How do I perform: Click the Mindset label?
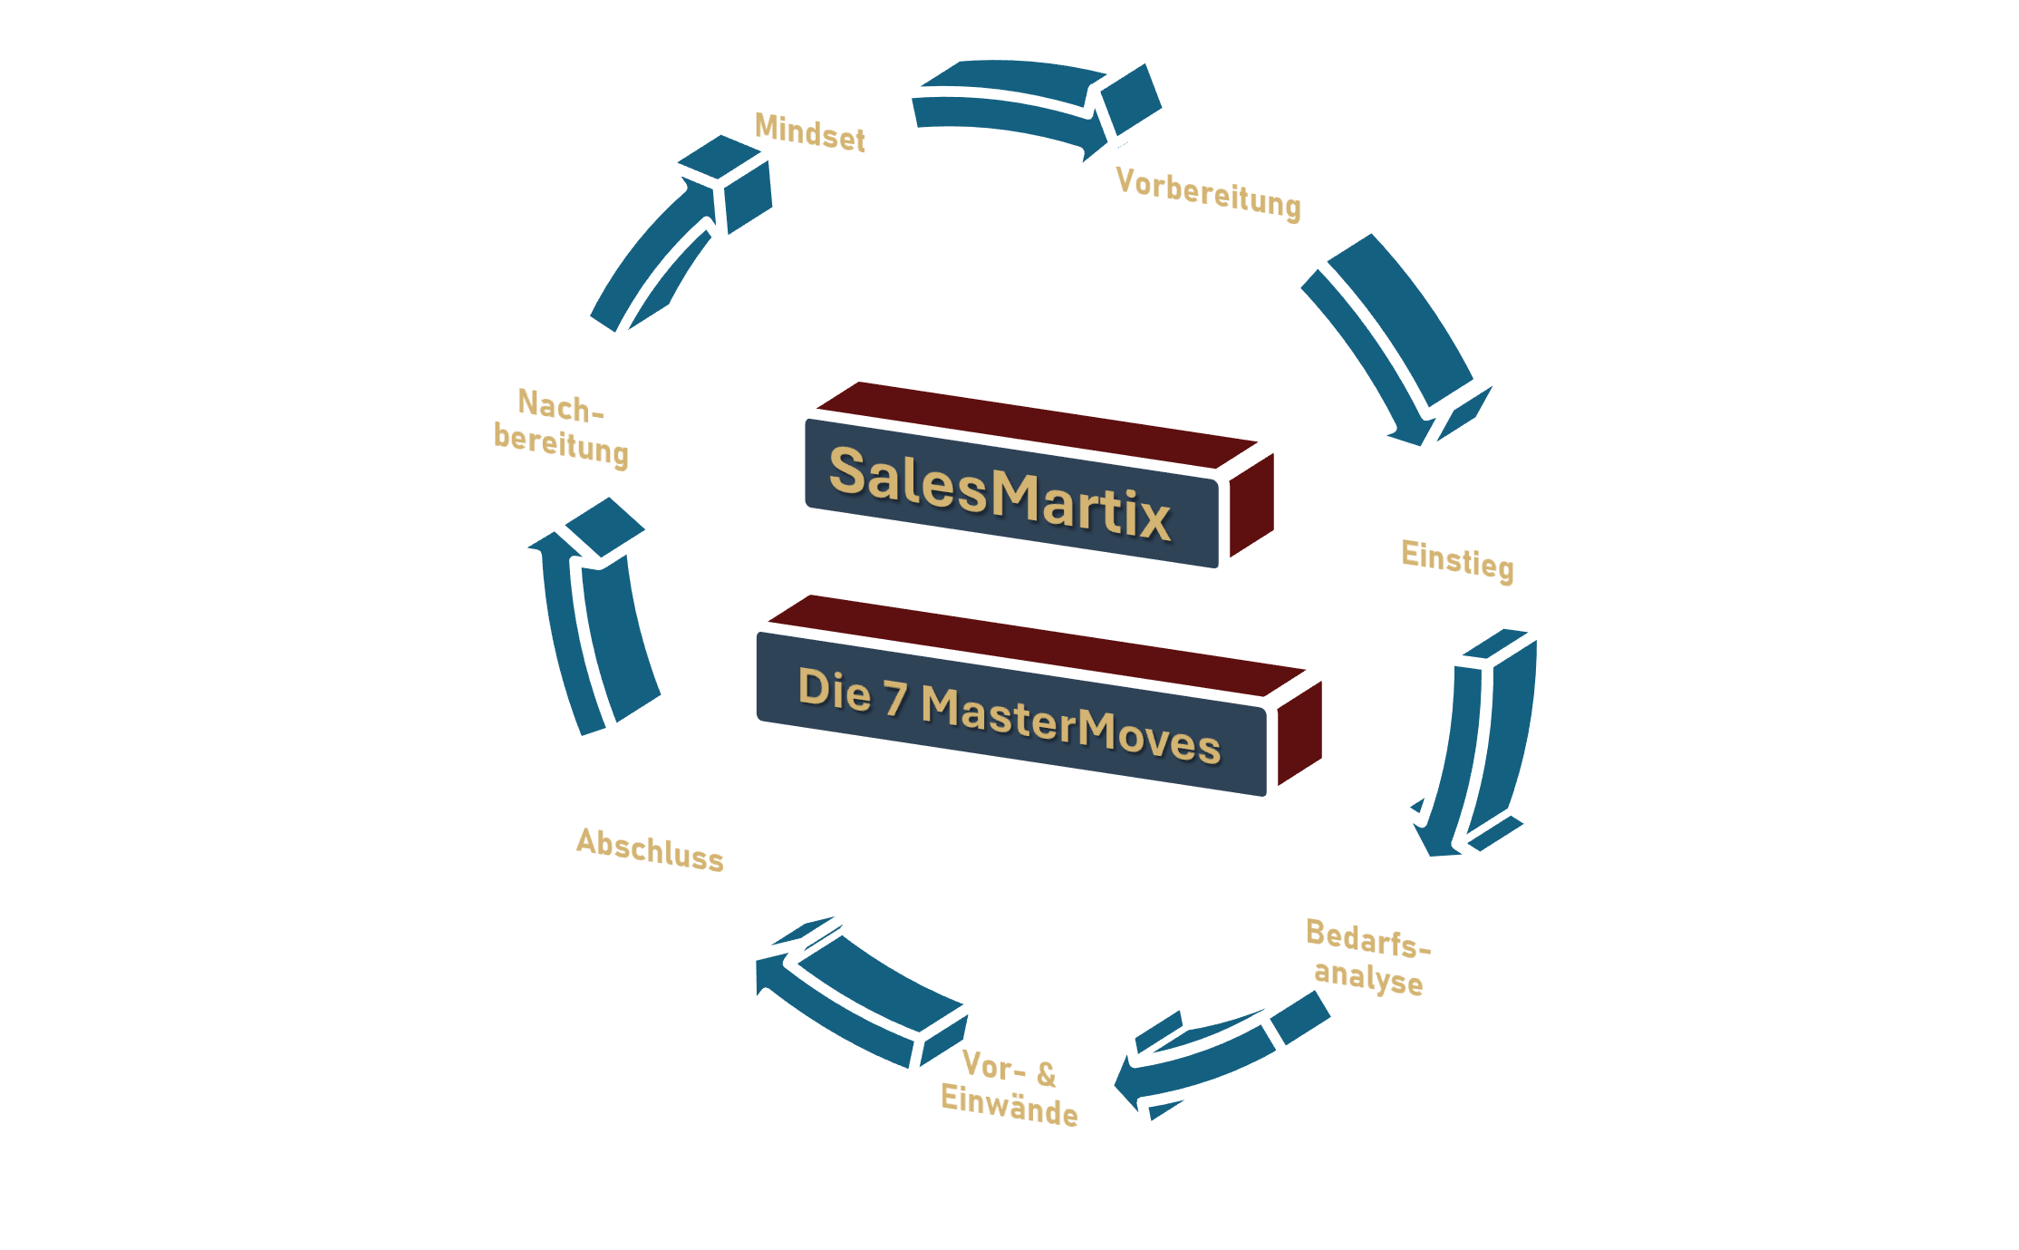click(809, 132)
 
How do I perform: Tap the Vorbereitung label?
click(1208, 193)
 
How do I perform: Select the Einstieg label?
click(1457, 559)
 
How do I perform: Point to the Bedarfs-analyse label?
click(1367, 957)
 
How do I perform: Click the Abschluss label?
click(650, 849)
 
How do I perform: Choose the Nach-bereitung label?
click(561, 427)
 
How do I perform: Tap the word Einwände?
click(1009, 1106)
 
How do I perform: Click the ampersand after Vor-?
click(1046, 1074)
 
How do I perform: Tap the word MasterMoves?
click(1070, 724)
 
